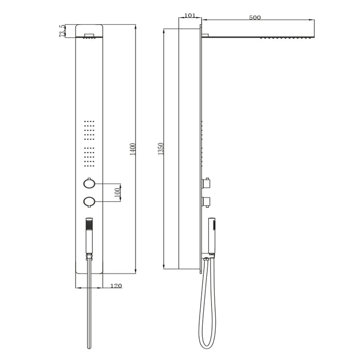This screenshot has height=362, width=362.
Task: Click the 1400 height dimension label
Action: [x=133, y=149]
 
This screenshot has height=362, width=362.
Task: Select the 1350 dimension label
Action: [x=161, y=149]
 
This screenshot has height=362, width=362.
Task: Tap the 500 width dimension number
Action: [x=254, y=18]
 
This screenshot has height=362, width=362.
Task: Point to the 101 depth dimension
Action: [x=190, y=16]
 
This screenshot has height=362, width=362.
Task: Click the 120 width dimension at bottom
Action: [x=116, y=286]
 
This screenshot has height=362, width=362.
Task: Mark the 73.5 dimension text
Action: [x=63, y=31]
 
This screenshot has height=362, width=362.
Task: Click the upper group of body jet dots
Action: [x=89, y=131]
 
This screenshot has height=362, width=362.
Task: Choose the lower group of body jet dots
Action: [x=89, y=157]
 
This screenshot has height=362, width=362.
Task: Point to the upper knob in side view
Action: [x=207, y=183]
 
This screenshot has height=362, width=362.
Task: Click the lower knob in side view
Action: [x=207, y=201]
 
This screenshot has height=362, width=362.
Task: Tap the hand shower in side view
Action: [x=212, y=233]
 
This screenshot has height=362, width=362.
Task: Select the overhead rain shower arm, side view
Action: [x=259, y=36]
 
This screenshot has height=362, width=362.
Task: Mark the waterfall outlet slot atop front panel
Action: [x=89, y=36]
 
